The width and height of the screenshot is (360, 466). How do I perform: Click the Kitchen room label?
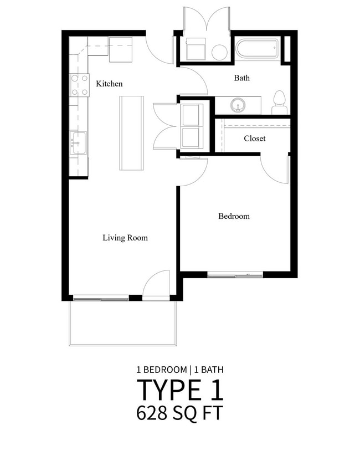point(109,84)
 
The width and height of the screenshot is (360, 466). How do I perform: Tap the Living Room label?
point(125,238)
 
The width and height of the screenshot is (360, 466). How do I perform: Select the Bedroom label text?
point(234,216)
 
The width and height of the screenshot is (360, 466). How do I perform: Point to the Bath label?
point(241,78)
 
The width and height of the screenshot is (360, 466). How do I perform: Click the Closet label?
point(254,139)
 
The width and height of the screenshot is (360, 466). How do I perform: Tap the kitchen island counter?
point(131,133)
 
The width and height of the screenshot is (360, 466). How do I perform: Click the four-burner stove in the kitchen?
point(79,85)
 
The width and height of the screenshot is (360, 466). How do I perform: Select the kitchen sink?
point(78,143)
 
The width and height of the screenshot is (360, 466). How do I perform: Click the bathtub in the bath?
point(258,50)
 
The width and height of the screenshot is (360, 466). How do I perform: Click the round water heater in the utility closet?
point(219,52)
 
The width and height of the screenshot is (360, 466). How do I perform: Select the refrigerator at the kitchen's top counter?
point(121,49)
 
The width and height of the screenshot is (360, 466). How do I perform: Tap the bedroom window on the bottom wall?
point(235,274)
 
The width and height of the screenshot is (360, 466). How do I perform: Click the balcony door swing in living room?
point(157,284)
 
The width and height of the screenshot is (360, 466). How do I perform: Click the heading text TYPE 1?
point(180,390)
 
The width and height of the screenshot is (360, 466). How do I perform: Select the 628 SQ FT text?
point(180,413)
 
